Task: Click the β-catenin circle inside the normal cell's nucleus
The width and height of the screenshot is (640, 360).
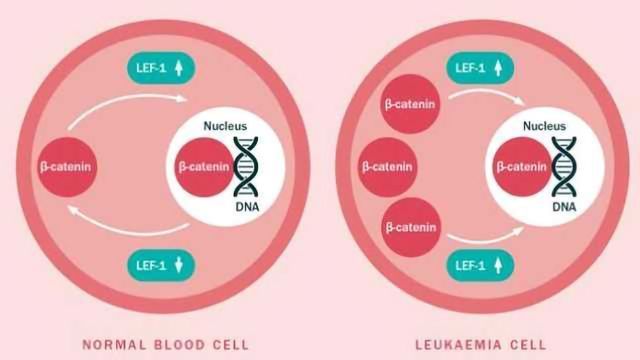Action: coord(205,165)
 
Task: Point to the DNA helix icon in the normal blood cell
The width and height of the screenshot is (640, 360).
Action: coord(246,165)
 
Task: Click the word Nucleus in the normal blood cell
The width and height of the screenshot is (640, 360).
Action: coord(224,127)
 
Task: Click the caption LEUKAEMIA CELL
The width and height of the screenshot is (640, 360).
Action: coord(477,344)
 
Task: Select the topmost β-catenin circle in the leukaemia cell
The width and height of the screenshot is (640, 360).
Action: coord(411,104)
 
